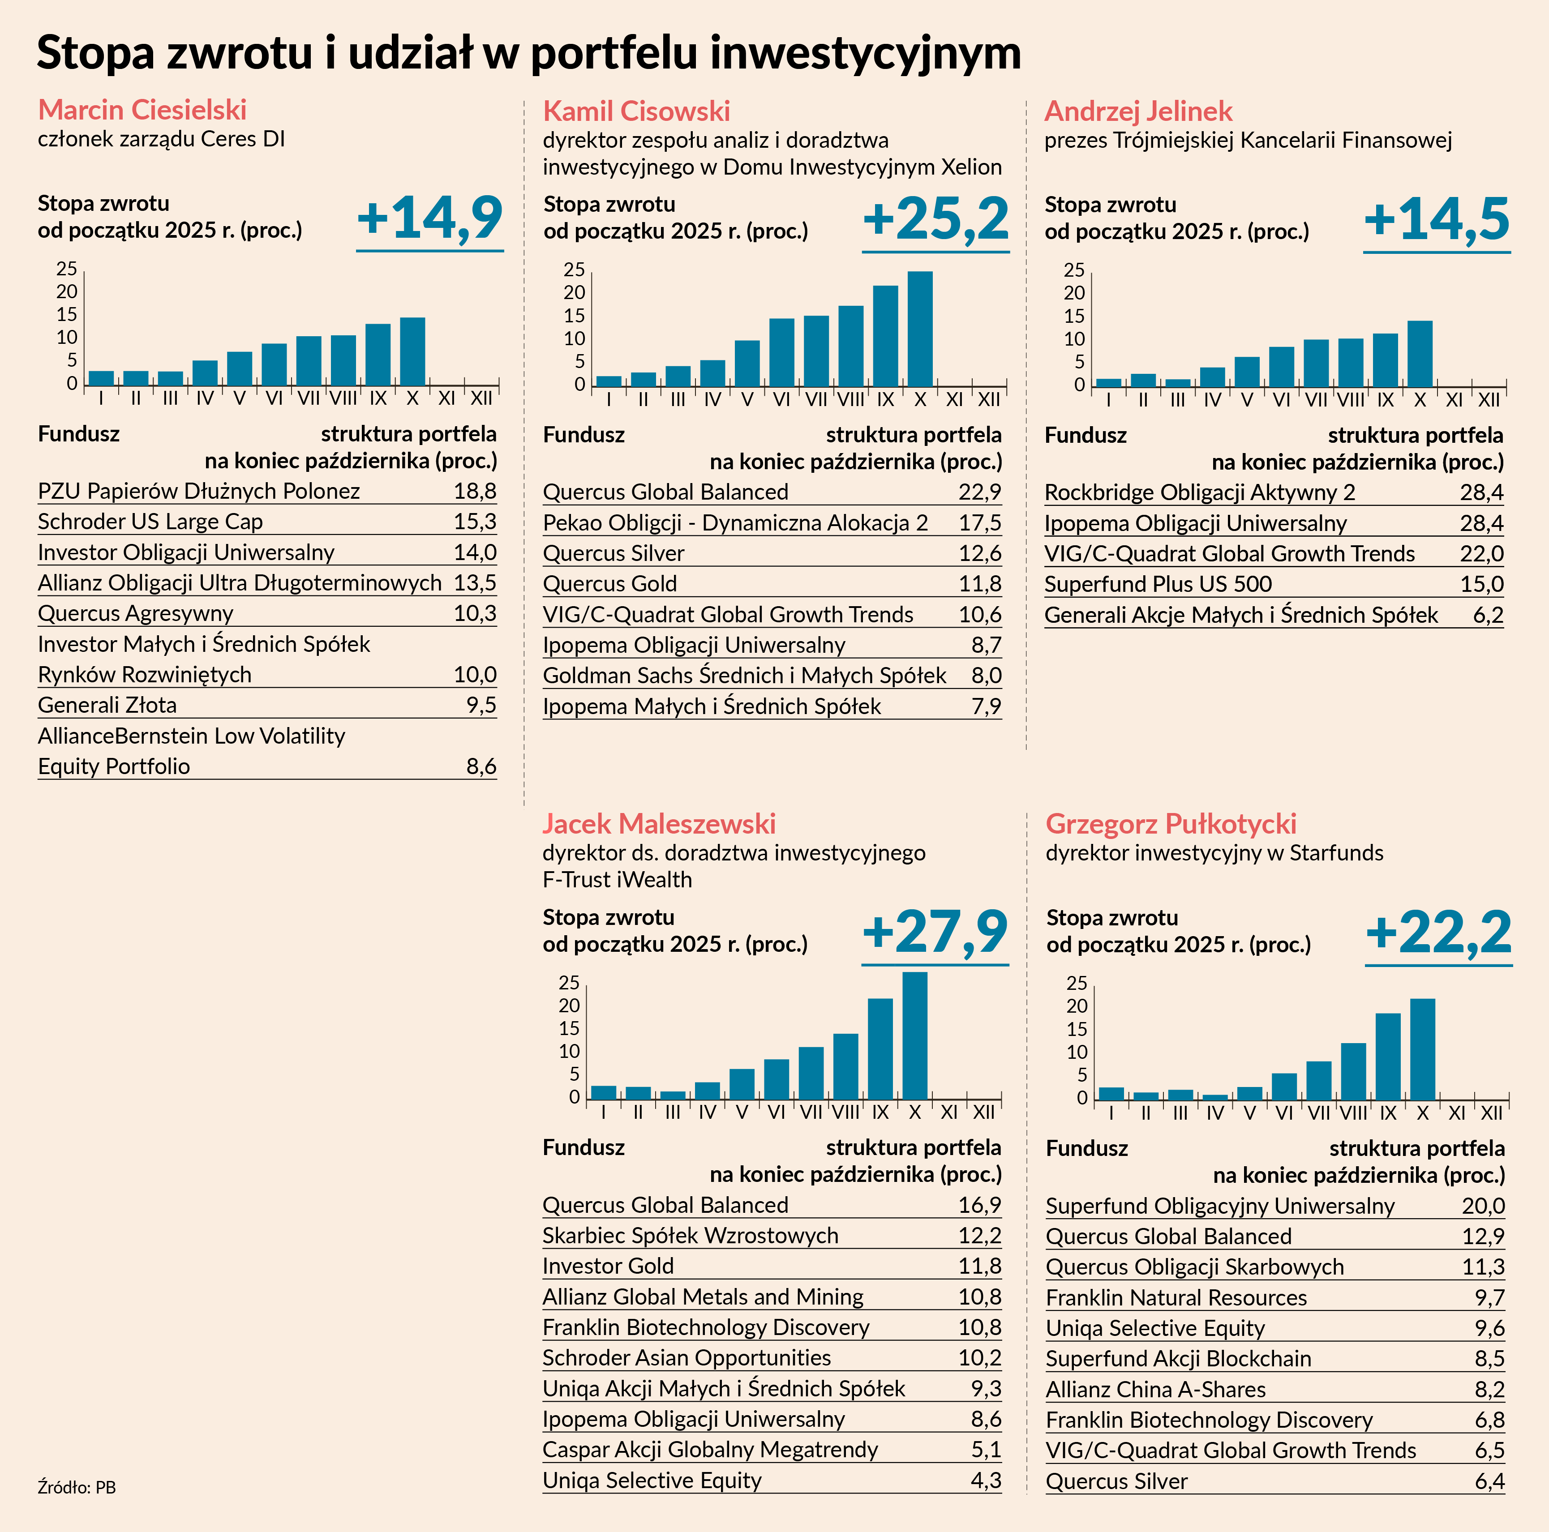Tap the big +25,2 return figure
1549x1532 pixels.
pyautogui.click(x=935, y=219)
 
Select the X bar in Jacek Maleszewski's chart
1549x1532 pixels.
pyautogui.click(x=915, y=1036)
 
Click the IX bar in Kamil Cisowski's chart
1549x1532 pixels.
pyautogui.click(x=885, y=336)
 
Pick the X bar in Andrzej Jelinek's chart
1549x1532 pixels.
pyautogui.click(x=1420, y=354)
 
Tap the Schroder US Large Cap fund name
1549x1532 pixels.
pyautogui.click(x=150, y=522)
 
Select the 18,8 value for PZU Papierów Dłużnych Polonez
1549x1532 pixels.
pyautogui.click(x=475, y=492)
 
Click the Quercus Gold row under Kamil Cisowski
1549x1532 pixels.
pyautogui.click(x=610, y=584)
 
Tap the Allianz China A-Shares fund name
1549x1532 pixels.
pyautogui.click(x=1155, y=1389)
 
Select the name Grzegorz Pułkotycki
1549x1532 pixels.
pyautogui.click(x=1171, y=823)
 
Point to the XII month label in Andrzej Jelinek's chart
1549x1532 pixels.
pyautogui.click(x=1489, y=399)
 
